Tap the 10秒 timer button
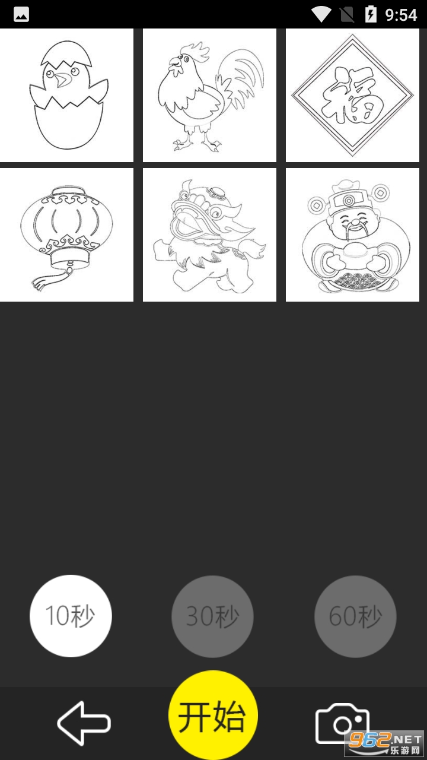click(71, 616)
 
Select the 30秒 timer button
click(212, 616)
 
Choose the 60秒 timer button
click(355, 616)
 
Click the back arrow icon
click(84, 723)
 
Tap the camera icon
click(342, 723)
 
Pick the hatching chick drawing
click(66, 96)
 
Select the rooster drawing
click(209, 96)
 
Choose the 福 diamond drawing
click(352, 96)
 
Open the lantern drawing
click(66, 235)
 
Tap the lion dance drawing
click(209, 235)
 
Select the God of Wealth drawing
click(352, 235)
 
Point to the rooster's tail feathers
click(240, 78)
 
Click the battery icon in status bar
click(371, 14)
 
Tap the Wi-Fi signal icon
click(321, 15)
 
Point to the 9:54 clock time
click(401, 15)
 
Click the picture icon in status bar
click(21, 15)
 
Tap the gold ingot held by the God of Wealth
click(353, 253)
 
